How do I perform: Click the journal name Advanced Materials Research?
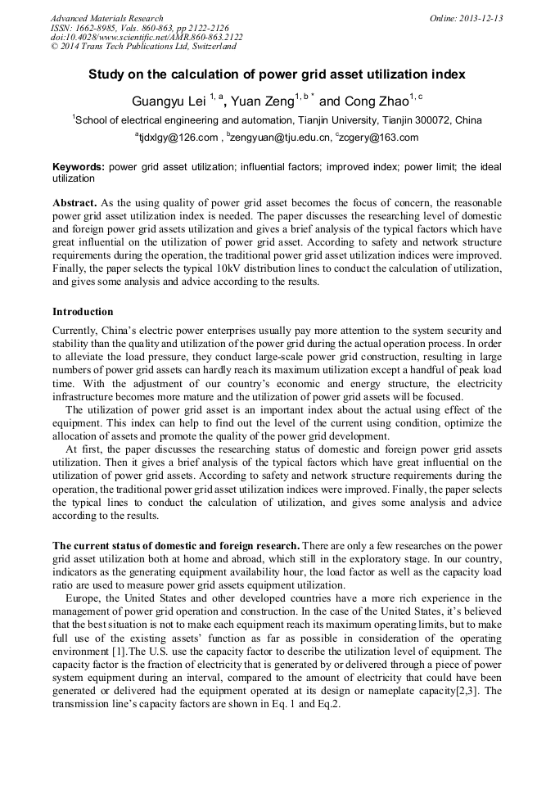point(106,18)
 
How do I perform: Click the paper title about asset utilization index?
point(277,74)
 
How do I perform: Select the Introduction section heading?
point(83,312)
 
